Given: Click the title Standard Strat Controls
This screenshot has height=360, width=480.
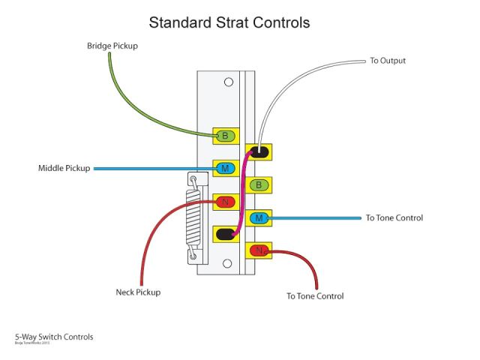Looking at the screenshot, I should click(229, 22).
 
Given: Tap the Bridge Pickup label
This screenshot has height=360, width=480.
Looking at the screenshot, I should click(112, 46).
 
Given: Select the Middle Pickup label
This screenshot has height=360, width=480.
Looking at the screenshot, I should click(64, 168).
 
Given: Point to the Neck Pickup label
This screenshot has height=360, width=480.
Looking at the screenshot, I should click(138, 292).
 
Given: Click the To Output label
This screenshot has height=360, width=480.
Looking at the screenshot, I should click(388, 60).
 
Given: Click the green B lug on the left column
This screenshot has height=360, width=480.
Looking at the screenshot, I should click(225, 136).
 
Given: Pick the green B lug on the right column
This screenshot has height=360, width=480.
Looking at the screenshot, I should click(259, 184).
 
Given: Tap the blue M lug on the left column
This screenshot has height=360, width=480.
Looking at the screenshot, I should click(225, 169).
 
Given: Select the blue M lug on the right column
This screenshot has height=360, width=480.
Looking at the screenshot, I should click(259, 218).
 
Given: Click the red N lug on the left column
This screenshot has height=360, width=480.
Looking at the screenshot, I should click(225, 201).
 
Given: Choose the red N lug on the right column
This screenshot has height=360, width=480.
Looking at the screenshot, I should click(259, 250).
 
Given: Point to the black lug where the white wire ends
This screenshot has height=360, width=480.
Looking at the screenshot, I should click(259, 152).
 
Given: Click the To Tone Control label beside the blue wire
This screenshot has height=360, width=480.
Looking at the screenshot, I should click(394, 218).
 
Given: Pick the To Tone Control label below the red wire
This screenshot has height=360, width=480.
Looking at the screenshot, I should click(315, 296).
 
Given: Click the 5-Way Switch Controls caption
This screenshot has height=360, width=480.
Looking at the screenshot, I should click(54, 337).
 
